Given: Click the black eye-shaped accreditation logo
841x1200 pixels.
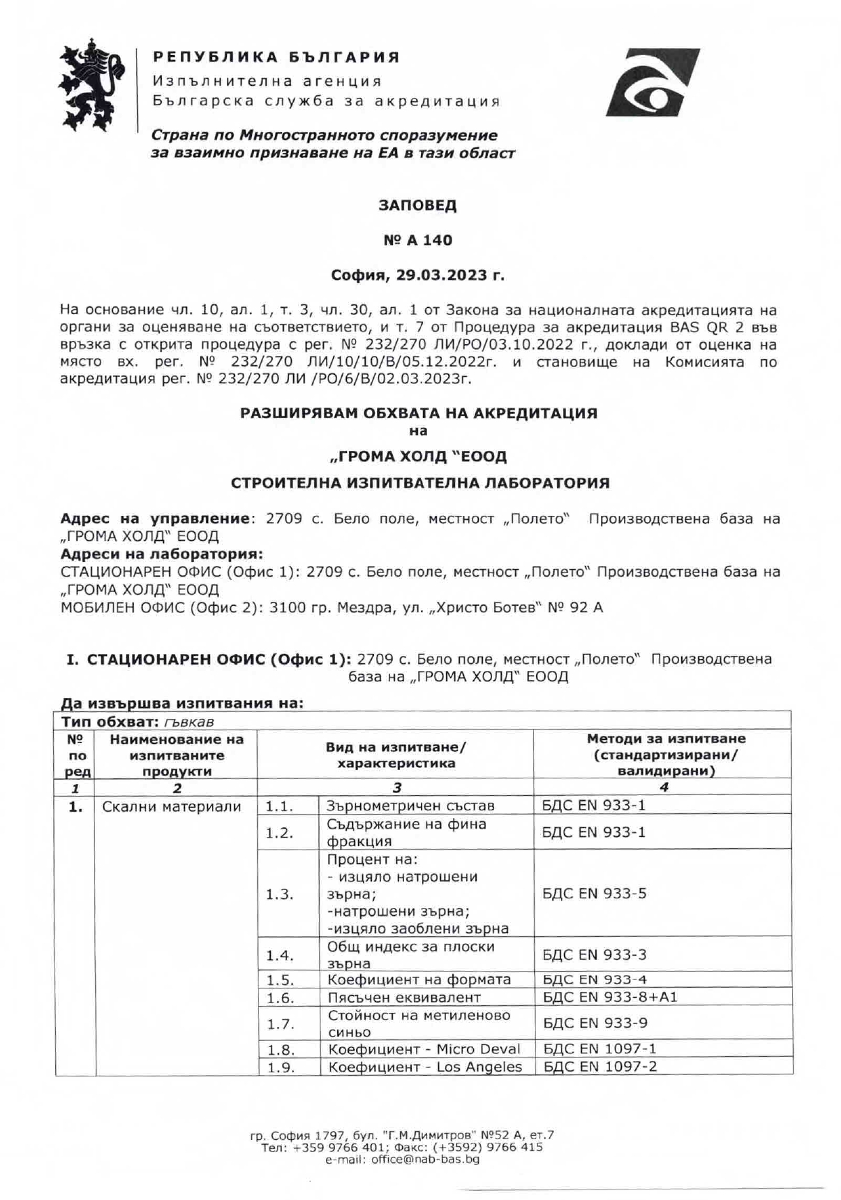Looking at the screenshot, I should [652, 82].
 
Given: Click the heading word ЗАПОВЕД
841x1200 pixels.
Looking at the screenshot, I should [417, 206].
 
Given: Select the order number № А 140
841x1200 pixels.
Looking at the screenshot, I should [417, 240].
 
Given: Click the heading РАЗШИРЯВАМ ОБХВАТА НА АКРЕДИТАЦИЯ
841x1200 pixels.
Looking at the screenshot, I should [419, 413].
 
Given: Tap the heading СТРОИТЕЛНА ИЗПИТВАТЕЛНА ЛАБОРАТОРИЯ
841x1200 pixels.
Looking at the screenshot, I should [420, 483].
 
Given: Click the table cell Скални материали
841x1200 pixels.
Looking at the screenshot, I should [172, 807].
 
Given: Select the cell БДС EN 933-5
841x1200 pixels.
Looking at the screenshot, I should [594, 894].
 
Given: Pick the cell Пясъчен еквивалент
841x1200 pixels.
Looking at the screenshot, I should [404, 998].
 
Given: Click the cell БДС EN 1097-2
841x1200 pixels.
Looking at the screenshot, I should [600, 1066].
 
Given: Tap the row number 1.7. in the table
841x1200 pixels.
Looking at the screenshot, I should [280, 1024].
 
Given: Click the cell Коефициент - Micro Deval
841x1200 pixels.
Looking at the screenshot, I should [424, 1049].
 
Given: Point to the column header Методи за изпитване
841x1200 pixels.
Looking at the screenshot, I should [666, 739].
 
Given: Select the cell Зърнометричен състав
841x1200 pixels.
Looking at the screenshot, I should [410, 806].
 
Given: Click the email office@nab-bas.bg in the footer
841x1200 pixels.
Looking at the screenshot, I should [403, 1160].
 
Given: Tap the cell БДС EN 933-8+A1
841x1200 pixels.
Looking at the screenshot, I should [610, 997].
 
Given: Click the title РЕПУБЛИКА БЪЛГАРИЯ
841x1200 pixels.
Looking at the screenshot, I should [276, 57].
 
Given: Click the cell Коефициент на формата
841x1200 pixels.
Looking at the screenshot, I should [419, 979].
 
